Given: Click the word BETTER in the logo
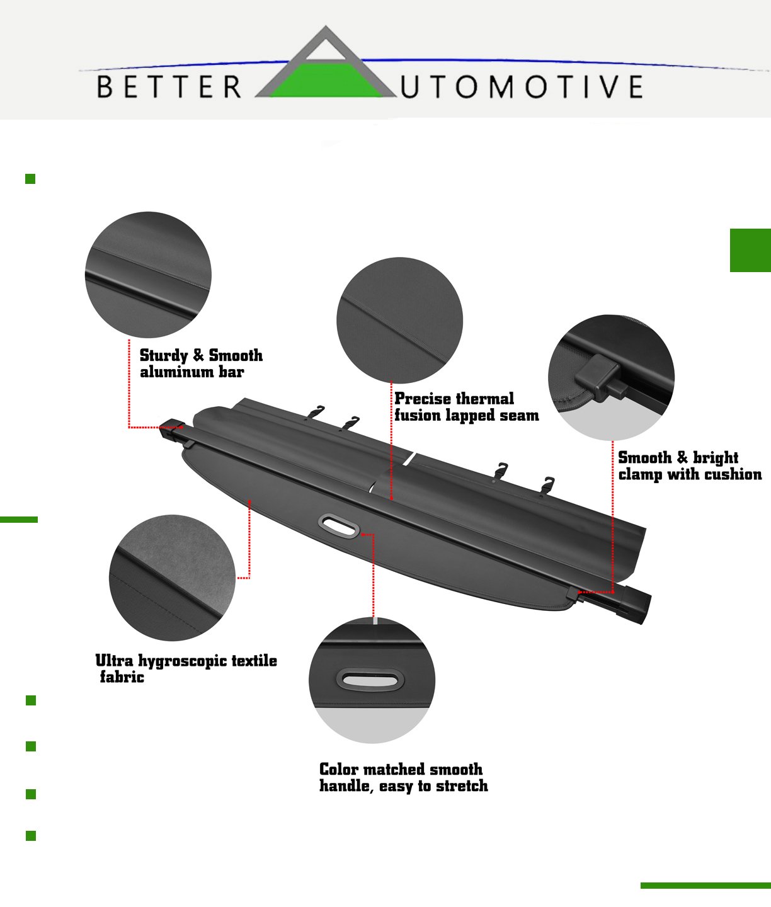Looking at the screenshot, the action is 169,87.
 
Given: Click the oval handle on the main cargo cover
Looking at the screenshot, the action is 339,526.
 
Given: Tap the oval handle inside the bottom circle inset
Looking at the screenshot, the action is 371,680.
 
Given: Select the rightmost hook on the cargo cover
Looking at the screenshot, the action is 547,485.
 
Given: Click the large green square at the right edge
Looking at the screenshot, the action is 750,250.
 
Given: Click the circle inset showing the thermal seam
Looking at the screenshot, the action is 399,320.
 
